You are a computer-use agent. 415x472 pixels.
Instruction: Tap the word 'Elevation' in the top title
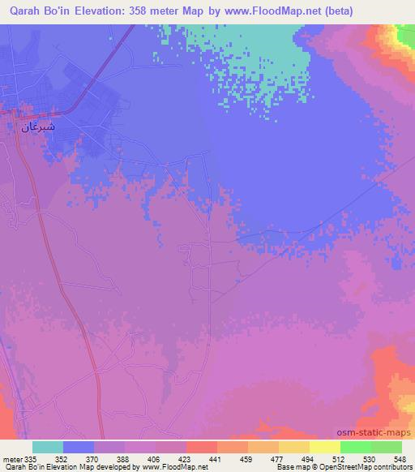coord(119,10)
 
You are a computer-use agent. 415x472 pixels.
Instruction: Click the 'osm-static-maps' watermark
coord(377,434)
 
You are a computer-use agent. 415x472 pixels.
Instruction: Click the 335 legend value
coord(32,457)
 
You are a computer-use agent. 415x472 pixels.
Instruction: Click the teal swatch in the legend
coord(48,447)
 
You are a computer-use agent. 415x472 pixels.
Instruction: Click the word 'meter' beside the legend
coord(11,457)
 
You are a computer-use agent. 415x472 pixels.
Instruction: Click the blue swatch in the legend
coord(79,447)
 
